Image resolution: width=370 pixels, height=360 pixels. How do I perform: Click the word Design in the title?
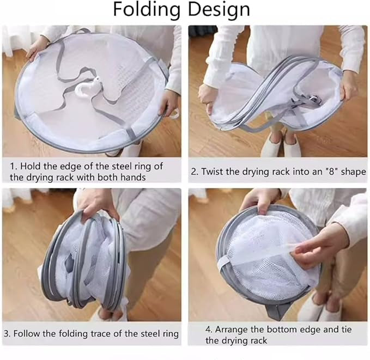click(219, 10)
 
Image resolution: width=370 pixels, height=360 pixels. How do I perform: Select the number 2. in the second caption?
click(195, 172)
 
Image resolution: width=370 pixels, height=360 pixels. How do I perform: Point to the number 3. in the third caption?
click(9, 333)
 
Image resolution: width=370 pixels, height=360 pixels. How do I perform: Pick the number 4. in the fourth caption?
click(210, 330)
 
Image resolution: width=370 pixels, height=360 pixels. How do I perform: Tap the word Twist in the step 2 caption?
click(214, 172)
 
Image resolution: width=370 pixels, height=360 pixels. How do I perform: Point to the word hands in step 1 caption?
click(131, 177)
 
